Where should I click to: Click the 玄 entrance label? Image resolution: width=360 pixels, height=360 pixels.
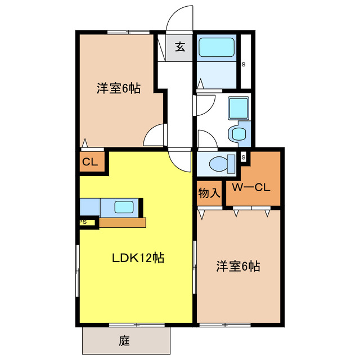point(179,47)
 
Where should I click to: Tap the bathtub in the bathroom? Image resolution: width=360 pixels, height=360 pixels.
point(217,47)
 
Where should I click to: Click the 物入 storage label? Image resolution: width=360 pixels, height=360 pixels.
point(209,193)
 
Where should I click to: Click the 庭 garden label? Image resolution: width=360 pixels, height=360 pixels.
point(124,340)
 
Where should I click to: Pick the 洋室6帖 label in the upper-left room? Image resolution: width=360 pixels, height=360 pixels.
point(118,88)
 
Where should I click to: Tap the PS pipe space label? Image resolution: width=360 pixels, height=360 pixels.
point(83,222)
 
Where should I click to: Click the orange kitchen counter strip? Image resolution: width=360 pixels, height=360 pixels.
point(123,222)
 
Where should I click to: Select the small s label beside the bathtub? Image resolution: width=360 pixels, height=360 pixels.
point(243,64)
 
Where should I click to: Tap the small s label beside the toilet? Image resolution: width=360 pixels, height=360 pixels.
point(243,157)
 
